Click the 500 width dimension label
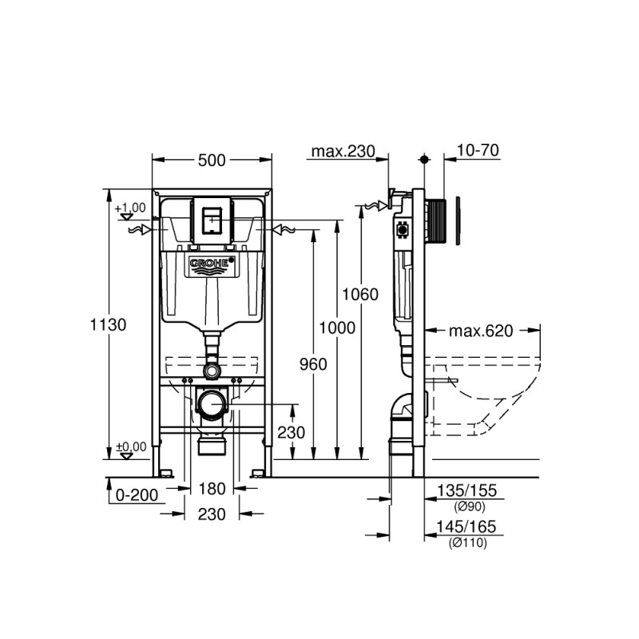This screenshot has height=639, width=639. pyautogui.click(x=212, y=161)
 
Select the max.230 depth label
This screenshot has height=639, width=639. pyautogui.click(x=343, y=152)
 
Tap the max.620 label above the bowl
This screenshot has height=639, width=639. pyautogui.click(x=480, y=330)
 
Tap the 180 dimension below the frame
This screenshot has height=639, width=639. pyautogui.click(x=212, y=488)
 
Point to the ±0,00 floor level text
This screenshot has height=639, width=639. pyautogui.click(x=132, y=447)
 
